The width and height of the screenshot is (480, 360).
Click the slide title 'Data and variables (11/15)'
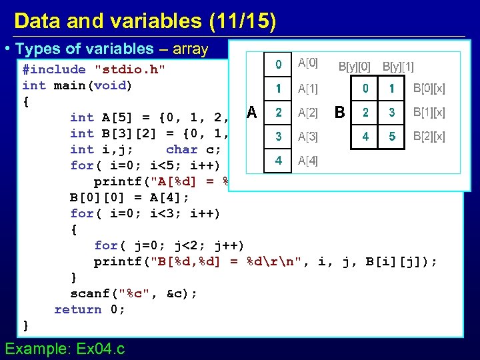coord(145,21)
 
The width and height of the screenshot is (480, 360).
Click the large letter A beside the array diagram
coord(251,112)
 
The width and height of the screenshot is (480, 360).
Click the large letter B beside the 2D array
coord(340,112)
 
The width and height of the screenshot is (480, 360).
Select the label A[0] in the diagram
coord(308,63)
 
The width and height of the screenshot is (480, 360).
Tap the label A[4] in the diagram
coord(308,161)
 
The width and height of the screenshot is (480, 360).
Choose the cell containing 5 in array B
coord(392,137)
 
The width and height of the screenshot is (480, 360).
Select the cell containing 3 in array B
coord(392,112)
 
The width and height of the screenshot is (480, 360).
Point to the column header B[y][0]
coord(355,66)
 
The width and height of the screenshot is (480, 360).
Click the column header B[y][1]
coord(398,66)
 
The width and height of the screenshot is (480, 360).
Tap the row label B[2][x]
coord(429,137)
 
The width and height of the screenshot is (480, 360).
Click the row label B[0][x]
coord(429,88)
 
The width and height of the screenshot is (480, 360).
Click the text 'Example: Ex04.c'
coord(64,348)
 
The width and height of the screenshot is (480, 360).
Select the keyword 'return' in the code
coord(77,309)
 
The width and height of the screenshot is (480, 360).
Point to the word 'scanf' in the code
coord(90,293)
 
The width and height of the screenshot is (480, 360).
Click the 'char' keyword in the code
coord(182,149)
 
